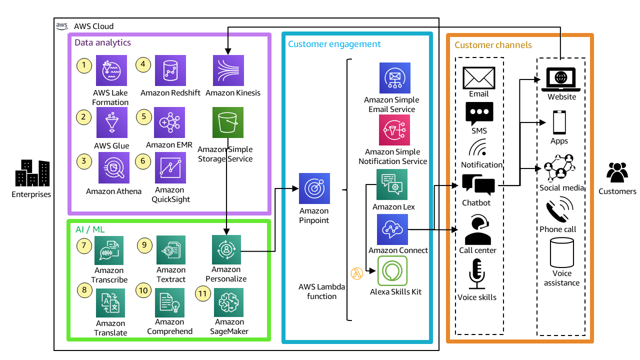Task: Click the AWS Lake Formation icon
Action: [x=111, y=70]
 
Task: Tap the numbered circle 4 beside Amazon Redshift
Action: [x=144, y=64]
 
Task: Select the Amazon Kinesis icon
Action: [x=228, y=70]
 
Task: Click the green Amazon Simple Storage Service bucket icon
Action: [x=228, y=123]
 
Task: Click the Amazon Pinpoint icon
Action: [x=314, y=188]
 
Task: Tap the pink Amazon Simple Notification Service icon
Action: [x=394, y=130]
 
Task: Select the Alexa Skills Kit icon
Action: [x=392, y=270]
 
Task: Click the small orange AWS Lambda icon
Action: [x=356, y=273]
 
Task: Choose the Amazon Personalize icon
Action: [x=226, y=249]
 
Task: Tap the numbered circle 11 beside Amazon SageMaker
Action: [x=202, y=294]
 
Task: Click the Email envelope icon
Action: [x=478, y=77]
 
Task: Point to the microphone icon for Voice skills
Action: [x=477, y=274]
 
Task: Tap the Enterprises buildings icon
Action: [x=32, y=173]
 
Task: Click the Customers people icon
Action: [x=617, y=173]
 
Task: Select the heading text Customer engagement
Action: [x=334, y=44]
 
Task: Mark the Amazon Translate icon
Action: [x=110, y=303]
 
